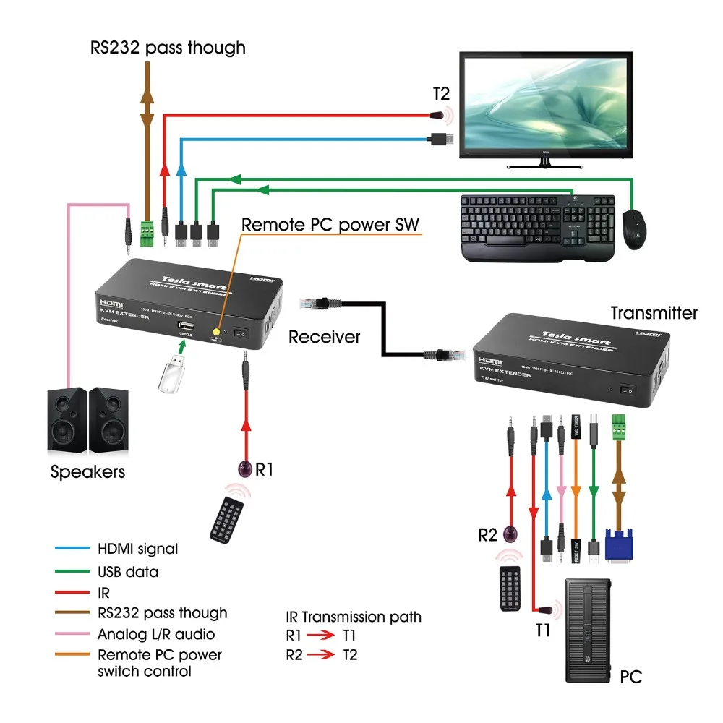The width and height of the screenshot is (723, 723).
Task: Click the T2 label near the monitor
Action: pos(441,94)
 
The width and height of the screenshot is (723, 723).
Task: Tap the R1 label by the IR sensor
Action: pos(265,469)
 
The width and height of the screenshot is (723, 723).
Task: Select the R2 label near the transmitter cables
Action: pos(488,535)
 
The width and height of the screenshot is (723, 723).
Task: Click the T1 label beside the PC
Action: pos(543,630)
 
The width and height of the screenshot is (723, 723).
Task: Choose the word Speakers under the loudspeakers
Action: pos(87,472)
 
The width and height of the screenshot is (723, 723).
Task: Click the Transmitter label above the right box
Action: pos(654,313)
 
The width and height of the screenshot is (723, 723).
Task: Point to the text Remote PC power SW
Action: pos(330,225)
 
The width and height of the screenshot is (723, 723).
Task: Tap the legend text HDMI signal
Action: pos(137,549)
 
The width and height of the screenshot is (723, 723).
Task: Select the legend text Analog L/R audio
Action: pos(156,634)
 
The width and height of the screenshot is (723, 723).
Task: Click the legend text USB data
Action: pos(128,572)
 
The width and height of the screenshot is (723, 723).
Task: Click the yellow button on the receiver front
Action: pos(215,333)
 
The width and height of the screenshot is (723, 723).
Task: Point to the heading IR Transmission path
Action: pos(354,617)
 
